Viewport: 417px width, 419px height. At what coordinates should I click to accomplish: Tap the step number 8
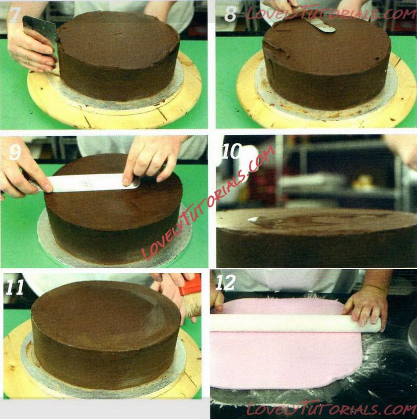(230, 14)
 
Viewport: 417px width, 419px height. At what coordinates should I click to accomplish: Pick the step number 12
(225, 283)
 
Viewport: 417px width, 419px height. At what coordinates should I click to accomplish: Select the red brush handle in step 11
(191, 285)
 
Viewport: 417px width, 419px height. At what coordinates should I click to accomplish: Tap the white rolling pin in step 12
(295, 323)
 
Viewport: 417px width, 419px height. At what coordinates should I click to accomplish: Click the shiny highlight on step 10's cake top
(254, 220)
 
